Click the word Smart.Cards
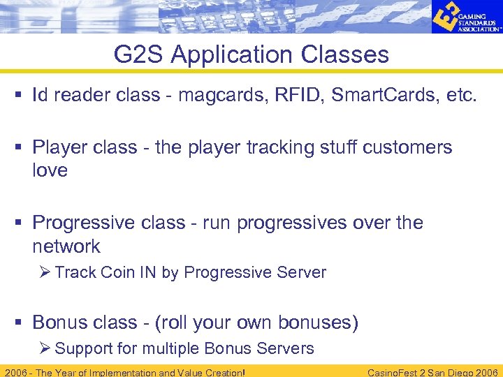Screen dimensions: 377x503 tap(386, 95)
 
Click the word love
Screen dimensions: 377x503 tap(50, 170)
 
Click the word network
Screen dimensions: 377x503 tap(66, 246)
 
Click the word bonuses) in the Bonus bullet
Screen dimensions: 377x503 tap(319, 322)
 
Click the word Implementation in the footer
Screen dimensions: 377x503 tap(122, 372)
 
